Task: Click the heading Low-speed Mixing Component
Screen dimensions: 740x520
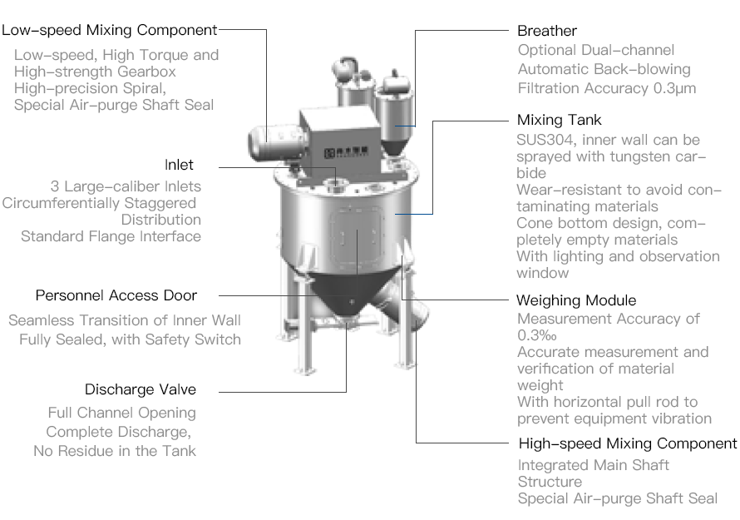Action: (x=109, y=30)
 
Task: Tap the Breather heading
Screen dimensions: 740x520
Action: (x=547, y=31)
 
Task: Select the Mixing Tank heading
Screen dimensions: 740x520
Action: (x=560, y=120)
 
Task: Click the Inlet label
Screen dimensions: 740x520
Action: (x=179, y=165)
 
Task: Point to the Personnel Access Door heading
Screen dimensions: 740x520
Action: (x=116, y=295)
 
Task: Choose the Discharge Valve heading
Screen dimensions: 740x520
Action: (x=141, y=389)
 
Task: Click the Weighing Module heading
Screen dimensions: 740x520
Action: (x=576, y=300)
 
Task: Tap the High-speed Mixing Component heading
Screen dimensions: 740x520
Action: (x=628, y=443)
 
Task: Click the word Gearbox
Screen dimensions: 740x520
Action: (x=146, y=72)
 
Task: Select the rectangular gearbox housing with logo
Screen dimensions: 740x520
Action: (x=340, y=139)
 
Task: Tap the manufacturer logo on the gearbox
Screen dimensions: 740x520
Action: (x=346, y=152)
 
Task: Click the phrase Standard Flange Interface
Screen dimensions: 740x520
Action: (x=111, y=236)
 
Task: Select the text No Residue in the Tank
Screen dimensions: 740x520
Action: (x=115, y=451)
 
